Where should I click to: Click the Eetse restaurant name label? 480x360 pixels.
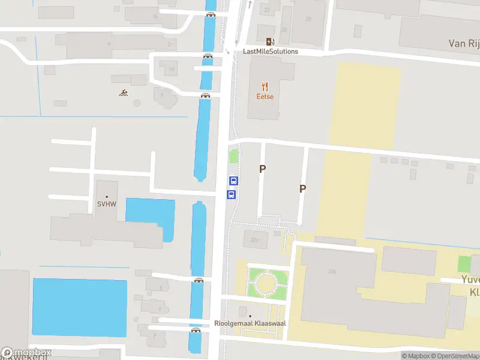[265, 97]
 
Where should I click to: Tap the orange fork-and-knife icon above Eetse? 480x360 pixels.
[265, 87]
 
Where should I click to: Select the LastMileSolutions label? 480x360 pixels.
[270, 52]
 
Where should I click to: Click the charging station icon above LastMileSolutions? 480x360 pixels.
[270, 41]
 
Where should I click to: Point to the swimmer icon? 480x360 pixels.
[123, 92]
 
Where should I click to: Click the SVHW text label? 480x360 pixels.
[107, 205]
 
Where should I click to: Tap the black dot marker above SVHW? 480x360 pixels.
[107, 196]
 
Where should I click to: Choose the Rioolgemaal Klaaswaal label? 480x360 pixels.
[250, 323]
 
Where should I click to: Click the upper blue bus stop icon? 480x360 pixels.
[234, 181]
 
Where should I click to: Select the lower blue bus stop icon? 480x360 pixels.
[231, 194]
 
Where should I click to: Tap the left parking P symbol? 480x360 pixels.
[262, 169]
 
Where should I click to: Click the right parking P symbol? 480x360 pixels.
[303, 188]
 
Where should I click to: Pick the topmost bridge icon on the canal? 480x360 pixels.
[211, 14]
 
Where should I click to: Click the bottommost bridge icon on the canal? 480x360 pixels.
[196, 330]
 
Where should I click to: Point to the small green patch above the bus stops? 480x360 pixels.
[233, 157]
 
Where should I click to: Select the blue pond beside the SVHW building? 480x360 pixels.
[150, 216]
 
